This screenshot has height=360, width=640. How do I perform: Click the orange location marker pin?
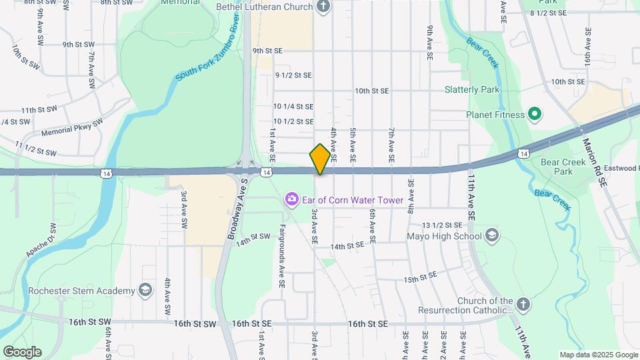320,159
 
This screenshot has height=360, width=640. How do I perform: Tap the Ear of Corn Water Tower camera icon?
291,199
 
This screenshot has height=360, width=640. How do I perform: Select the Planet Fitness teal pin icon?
534,114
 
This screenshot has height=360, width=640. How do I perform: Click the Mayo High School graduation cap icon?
492,235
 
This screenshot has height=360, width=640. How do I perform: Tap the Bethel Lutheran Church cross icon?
323,7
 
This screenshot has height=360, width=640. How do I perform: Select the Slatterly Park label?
472,89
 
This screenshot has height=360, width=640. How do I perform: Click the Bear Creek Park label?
557,167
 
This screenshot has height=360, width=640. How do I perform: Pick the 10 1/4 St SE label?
293,106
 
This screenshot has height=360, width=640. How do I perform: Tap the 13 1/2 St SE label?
442,225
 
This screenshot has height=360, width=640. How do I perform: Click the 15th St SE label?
420,277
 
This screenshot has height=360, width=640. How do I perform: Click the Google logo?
21,352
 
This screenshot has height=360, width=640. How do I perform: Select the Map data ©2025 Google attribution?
598,355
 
